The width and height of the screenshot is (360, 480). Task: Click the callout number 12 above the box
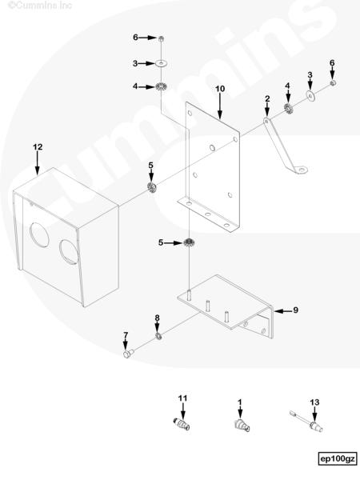[38, 147]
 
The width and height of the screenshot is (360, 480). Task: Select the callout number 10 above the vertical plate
[220, 89]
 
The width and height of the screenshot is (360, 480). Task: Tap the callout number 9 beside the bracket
[295, 310]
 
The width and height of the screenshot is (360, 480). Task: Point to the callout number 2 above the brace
[267, 99]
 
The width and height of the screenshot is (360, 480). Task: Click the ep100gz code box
[338, 459]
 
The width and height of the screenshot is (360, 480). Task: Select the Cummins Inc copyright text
[40, 6]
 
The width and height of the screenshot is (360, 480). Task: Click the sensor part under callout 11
[182, 424]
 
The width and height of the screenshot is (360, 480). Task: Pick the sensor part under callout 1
[242, 426]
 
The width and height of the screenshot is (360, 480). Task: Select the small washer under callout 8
[158, 337]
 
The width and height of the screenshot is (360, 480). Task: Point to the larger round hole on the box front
[39, 234]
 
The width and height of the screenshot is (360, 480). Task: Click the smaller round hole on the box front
[69, 252]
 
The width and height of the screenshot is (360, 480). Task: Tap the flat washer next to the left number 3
[162, 63]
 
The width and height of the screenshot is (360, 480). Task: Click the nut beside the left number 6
[161, 38]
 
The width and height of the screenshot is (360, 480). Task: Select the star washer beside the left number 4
[161, 87]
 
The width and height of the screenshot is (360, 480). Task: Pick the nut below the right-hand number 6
[333, 83]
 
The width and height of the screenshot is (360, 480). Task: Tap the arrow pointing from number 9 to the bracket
[283, 311]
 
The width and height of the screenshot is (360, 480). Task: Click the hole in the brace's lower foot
[302, 169]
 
